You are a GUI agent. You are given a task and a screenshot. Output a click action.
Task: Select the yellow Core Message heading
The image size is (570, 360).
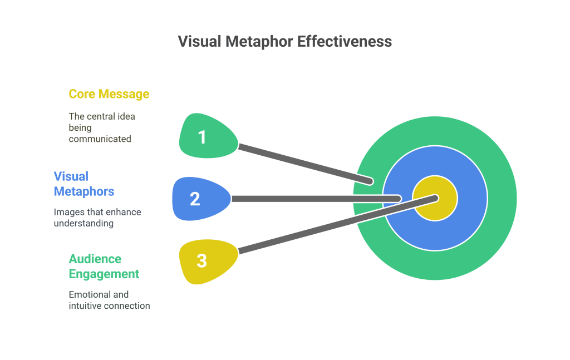click(x=109, y=94)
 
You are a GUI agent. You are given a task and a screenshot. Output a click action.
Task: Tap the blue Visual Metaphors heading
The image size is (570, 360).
click(x=84, y=184)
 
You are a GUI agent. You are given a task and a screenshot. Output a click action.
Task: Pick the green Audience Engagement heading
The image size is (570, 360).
click(x=104, y=267)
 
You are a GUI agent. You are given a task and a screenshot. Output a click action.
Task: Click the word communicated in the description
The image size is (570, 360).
click(x=100, y=139)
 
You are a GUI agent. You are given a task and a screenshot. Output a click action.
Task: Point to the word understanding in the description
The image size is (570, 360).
click(x=83, y=224)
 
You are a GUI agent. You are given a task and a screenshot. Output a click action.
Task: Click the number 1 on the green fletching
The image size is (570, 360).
click(x=202, y=137)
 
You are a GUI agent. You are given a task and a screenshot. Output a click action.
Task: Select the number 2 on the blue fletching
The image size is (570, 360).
click(x=195, y=199)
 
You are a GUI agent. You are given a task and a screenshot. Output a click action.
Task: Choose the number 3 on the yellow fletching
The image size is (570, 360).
click(x=202, y=260)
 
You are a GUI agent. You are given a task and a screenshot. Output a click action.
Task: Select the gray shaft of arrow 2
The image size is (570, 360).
click(x=312, y=199)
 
